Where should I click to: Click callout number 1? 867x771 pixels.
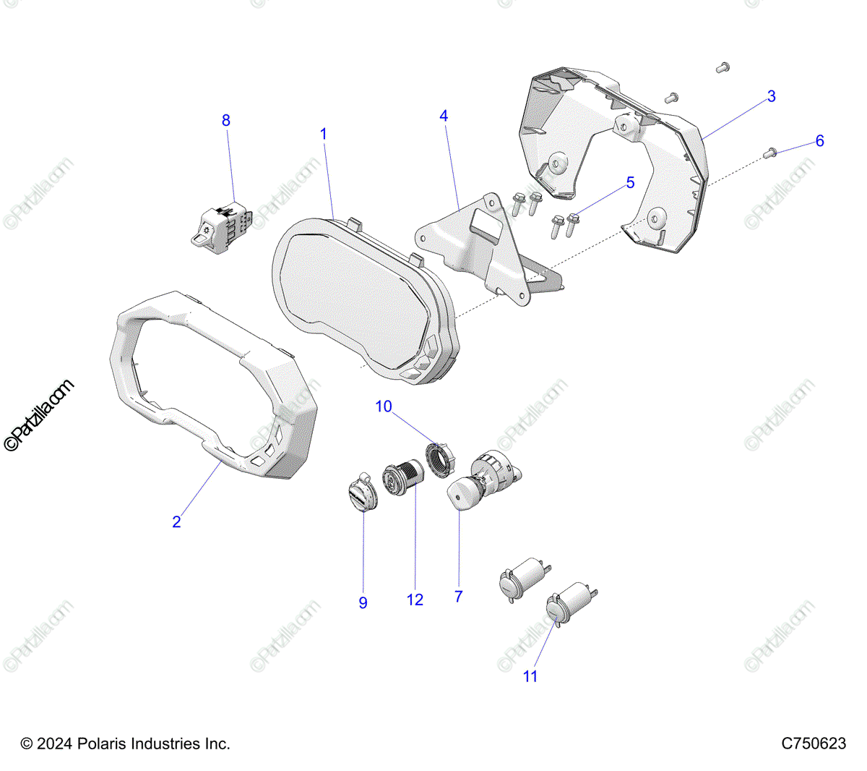(x=324, y=134)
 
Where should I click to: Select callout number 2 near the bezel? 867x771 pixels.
(x=176, y=521)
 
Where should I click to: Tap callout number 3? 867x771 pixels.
(x=771, y=96)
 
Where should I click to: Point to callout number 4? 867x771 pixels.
(x=444, y=116)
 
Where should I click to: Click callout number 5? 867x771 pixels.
(x=630, y=183)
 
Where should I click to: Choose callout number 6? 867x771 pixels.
(x=819, y=141)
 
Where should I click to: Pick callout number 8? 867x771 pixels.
(x=226, y=120)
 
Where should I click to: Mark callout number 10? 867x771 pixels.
(x=383, y=406)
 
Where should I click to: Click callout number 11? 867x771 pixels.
(x=530, y=676)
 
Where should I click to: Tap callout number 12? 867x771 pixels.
(x=415, y=600)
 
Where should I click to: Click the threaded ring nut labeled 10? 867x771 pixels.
(x=438, y=459)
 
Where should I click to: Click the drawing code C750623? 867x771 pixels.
(x=813, y=744)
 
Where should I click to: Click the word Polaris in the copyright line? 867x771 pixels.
(x=101, y=744)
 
